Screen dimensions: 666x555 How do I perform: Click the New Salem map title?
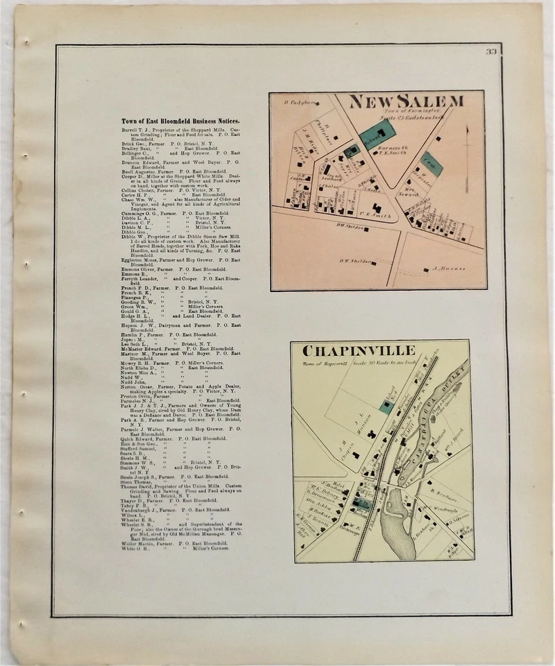click(407, 102)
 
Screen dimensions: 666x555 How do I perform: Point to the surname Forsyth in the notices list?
click(132, 277)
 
